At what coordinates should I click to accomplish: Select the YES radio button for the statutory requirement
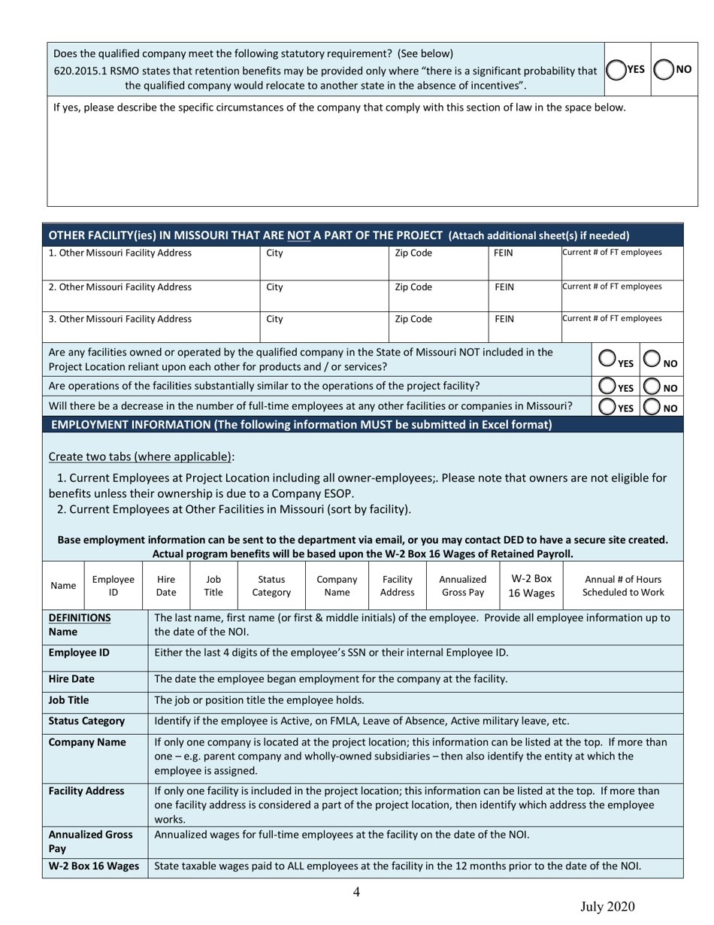click(x=616, y=70)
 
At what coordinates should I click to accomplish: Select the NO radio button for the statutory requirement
click(x=663, y=70)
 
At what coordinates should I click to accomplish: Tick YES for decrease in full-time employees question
click(x=607, y=407)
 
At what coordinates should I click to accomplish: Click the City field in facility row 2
click(x=324, y=293)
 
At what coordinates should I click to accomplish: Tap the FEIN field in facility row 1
click(x=525, y=259)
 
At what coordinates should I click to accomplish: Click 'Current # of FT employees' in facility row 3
click(x=622, y=325)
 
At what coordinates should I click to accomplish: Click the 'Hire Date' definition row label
click(x=72, y=678)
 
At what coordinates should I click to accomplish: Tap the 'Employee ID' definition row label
click(x=79, y=652)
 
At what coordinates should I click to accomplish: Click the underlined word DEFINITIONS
click(x=80, y=617)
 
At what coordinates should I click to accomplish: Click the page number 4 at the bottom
click(x=356, y=892)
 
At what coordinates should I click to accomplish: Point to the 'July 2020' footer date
click(x=607, y=906)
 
